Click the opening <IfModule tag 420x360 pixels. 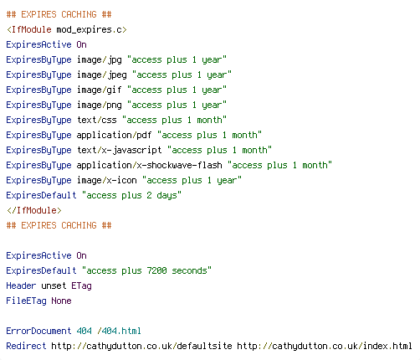click(29, 29)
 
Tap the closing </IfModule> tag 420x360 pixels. click(34, 210)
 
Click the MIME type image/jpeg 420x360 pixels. click(102, 75)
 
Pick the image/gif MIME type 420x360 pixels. click(100, 90)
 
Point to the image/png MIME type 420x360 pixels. click(100, 105)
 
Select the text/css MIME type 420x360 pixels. click(97, 120)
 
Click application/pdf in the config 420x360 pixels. click(114, 136)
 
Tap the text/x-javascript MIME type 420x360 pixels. click(120, 151)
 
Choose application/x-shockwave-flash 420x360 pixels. click(150, 166)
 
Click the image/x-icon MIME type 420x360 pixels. click(107, 181)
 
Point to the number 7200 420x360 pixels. click(156, 270)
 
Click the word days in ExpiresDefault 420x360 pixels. click(166, 196)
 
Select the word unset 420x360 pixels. click(54, 285)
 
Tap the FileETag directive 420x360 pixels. click(26, 301)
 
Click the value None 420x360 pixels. click(61, 301)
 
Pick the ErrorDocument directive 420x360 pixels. click(38, 331)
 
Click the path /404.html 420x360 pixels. click(119, 331)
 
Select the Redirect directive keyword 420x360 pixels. click(26, 346)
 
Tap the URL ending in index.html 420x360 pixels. click(325, 347)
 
